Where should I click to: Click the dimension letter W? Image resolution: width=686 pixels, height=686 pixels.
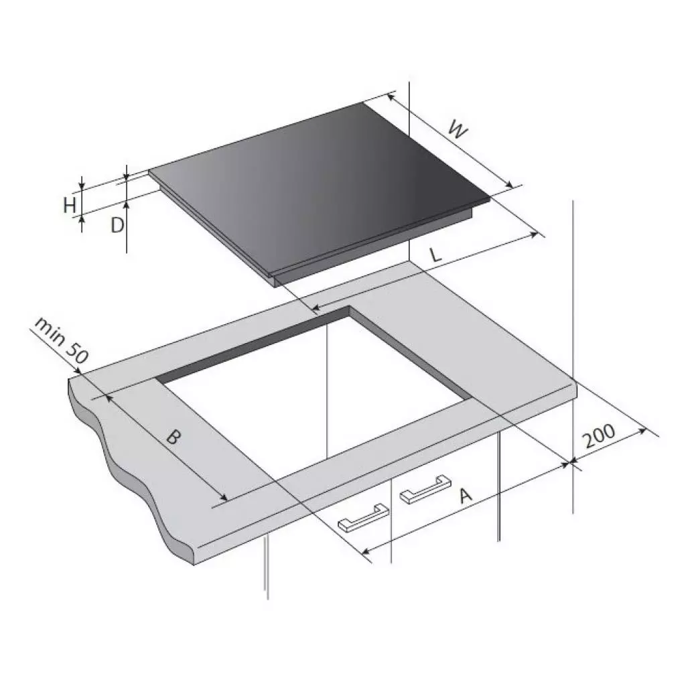pyautogui.click(x=458, y=131)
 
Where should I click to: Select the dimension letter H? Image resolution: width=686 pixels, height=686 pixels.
pyautogui.click(x=70, y=205)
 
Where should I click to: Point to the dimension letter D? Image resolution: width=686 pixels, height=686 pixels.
pyautogui.click(x=117, y=225)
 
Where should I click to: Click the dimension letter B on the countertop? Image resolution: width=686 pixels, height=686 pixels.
pyautogui.click(x=174, y=437)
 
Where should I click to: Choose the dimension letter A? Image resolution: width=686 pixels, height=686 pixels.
pyautogui.click(x=465, y=496)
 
